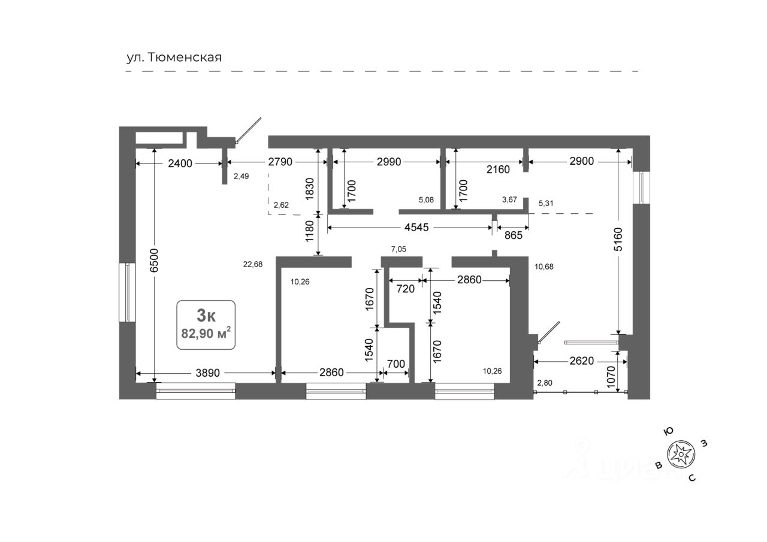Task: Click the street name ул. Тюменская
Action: point(174,57)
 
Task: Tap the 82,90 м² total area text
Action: point(206,332)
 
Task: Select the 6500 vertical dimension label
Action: point(155,261)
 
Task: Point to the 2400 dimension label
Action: point(180,163)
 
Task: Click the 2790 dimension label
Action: point(280,162)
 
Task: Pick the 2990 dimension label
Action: point(389,162)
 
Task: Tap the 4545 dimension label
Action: point(416,227)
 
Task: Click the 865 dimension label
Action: point(514,235)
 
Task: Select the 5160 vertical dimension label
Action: point(618,239)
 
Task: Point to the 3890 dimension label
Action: point(207,373)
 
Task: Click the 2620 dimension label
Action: point(581,361)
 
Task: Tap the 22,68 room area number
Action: point(253,264)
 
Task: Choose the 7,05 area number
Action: point(398,249)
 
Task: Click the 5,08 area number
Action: point(426,200)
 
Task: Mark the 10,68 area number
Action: point(543,267)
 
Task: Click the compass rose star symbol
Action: point(681,455)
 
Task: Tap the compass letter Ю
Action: point(668,431)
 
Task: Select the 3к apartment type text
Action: point(206,316)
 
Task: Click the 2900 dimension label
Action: point(581,161)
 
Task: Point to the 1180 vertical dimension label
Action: point(309,231)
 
